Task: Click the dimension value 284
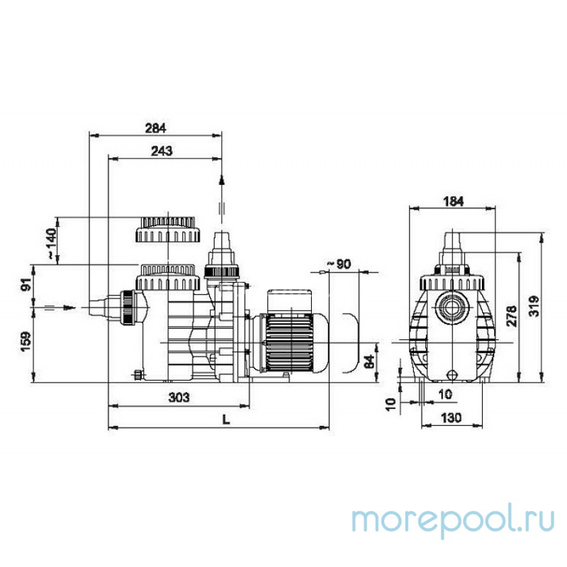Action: (155, 128)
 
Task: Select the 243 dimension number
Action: (162, 151)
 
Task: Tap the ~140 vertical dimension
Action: (51, 243)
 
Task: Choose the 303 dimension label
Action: (179, 398)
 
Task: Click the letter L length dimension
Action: (226, 420)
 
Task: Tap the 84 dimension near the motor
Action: (369, 361)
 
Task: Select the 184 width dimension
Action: (453, 201)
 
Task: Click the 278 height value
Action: (512, 316)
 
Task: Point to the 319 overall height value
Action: (534, 306)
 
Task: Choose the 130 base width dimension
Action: (451, 418)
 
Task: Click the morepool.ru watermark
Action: (454, 521)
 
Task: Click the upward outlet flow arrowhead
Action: (222, 181)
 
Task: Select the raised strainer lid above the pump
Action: (167, 230)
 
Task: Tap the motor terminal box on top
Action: (289, 302)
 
